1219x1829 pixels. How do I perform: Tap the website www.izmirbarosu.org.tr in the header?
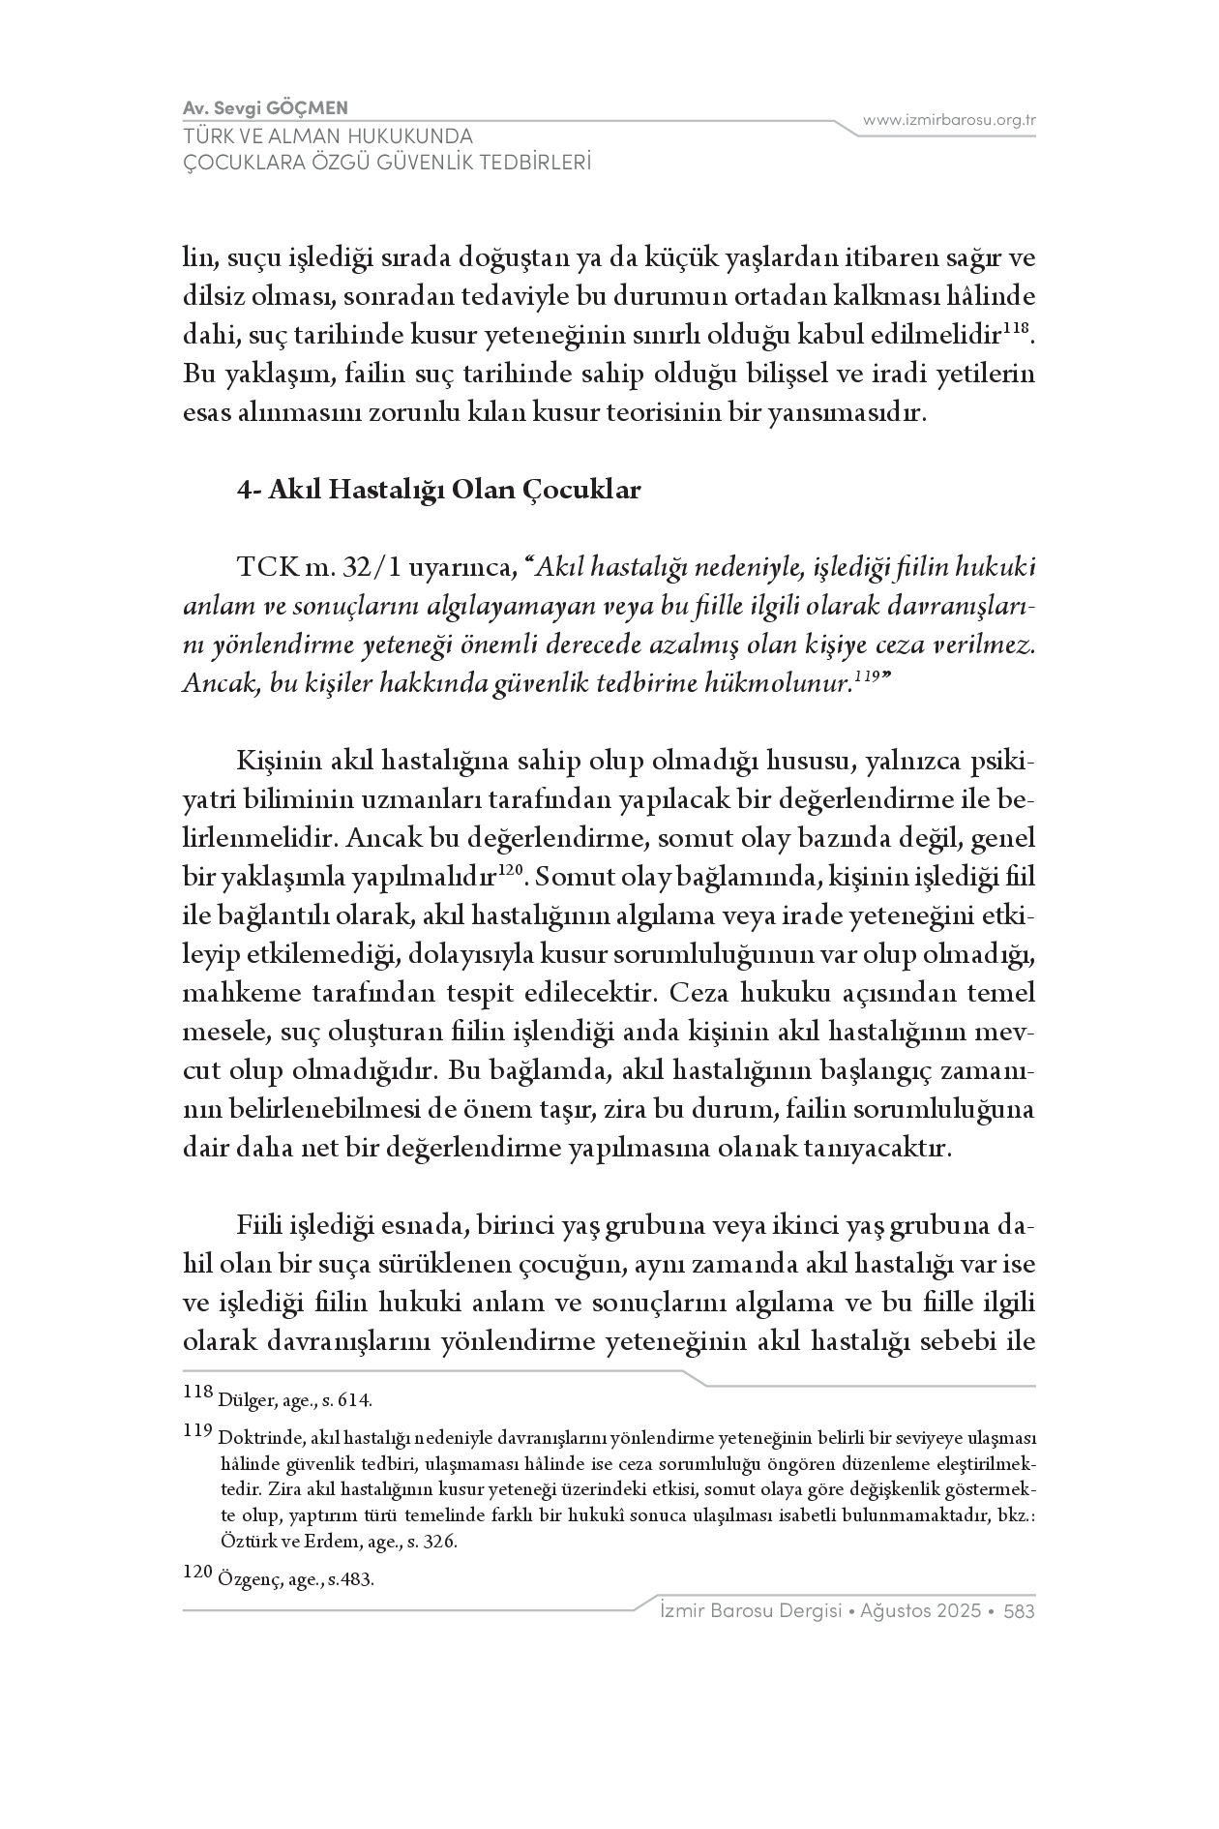tap(949, 120)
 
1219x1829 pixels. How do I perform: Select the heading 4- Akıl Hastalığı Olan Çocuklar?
tap(439, 491)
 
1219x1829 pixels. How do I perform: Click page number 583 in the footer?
tap(1020, 1611)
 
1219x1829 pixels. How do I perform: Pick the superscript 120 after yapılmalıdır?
tap(510, 873)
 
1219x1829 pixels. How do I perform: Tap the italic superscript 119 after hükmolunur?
tap(865, 678)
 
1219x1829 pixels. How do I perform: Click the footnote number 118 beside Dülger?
tap(197, 1394)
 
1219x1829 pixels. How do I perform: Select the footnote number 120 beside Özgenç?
tap(197, 1574)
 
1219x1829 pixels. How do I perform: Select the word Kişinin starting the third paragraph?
tap(275, 763)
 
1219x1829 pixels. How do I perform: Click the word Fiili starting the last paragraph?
tap(259, 1227)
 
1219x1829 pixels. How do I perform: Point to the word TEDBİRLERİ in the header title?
tap(522, 163)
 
